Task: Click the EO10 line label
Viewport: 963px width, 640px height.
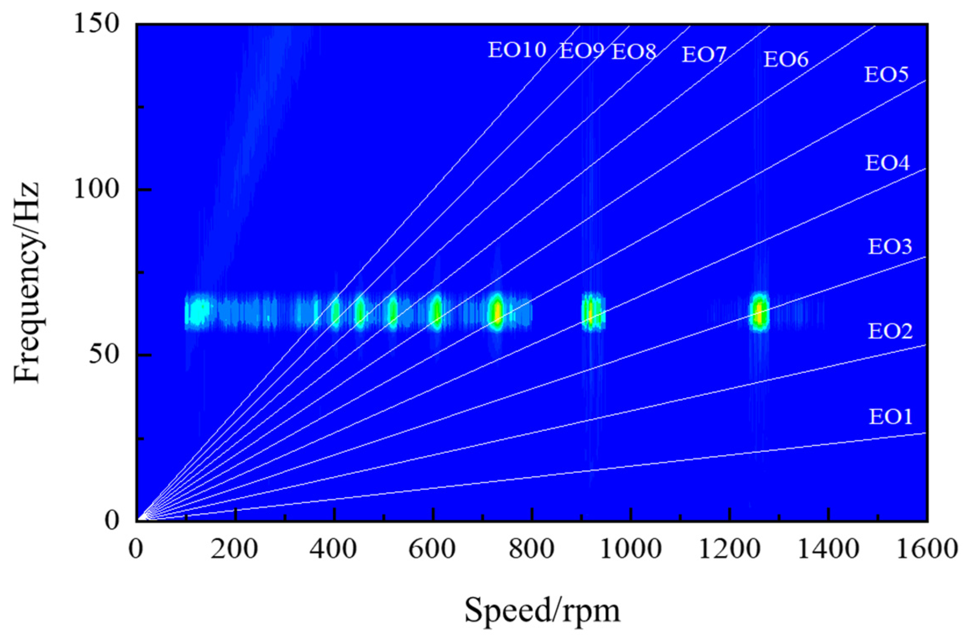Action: coord(517,50)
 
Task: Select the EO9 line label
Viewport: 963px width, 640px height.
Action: coord(582,51)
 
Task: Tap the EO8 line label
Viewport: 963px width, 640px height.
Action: coord(634,52)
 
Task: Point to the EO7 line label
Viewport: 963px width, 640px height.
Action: coord(704,55)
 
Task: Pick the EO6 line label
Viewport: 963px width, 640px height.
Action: coord(786,59)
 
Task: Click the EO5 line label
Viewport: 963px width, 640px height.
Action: coord(886,74)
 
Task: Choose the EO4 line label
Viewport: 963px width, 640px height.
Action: coord(887,163)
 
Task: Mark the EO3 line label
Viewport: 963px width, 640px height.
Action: coord(890,246)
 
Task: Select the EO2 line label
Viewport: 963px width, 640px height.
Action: coord(890,331)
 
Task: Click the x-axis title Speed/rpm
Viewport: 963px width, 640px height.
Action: coord(542,611)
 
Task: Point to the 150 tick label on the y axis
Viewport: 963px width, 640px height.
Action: coord(96,24)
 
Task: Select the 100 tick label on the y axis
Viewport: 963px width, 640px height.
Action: coord(96,189)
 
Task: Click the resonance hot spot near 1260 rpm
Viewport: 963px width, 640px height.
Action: coord(759,312)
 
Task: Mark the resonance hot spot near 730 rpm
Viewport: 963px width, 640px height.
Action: coord(497,312)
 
